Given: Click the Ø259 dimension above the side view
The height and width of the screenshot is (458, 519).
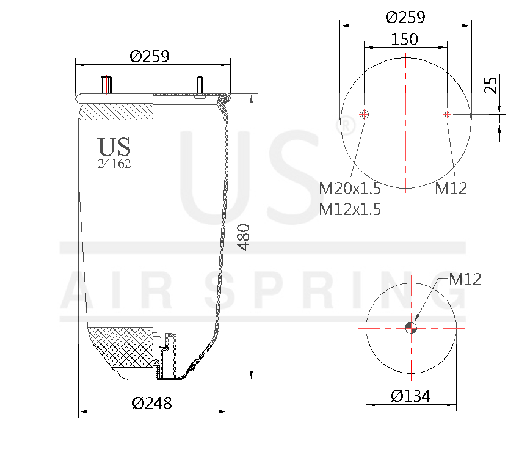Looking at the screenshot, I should (150, 56).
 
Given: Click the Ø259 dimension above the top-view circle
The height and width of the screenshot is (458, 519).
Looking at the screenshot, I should (405, 17).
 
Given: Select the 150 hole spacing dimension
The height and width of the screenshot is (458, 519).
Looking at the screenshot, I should (405, 39).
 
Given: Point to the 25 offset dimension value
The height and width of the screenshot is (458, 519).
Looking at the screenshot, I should (490, 84).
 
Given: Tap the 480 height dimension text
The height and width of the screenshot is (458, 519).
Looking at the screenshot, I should (244, 238).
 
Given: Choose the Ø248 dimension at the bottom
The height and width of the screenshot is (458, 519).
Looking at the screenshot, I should (152, 403).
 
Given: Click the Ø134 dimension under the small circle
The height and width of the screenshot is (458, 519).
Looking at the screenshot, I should (411, 396).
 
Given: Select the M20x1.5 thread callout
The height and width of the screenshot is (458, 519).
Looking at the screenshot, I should (350, 188).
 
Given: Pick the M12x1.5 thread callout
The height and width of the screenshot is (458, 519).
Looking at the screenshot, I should (350, 209).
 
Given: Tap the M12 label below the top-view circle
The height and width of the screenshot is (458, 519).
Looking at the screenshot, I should (451, 188).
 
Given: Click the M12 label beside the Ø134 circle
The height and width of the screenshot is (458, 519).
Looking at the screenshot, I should (465, 280).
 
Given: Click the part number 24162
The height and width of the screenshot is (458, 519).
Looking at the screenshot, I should (114, 164).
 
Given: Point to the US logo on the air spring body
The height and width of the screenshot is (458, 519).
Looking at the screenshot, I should (114, 147).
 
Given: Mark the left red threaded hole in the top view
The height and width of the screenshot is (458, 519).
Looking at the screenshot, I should (365, 114).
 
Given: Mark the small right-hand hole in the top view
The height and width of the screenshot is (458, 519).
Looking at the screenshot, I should (447, 114).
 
